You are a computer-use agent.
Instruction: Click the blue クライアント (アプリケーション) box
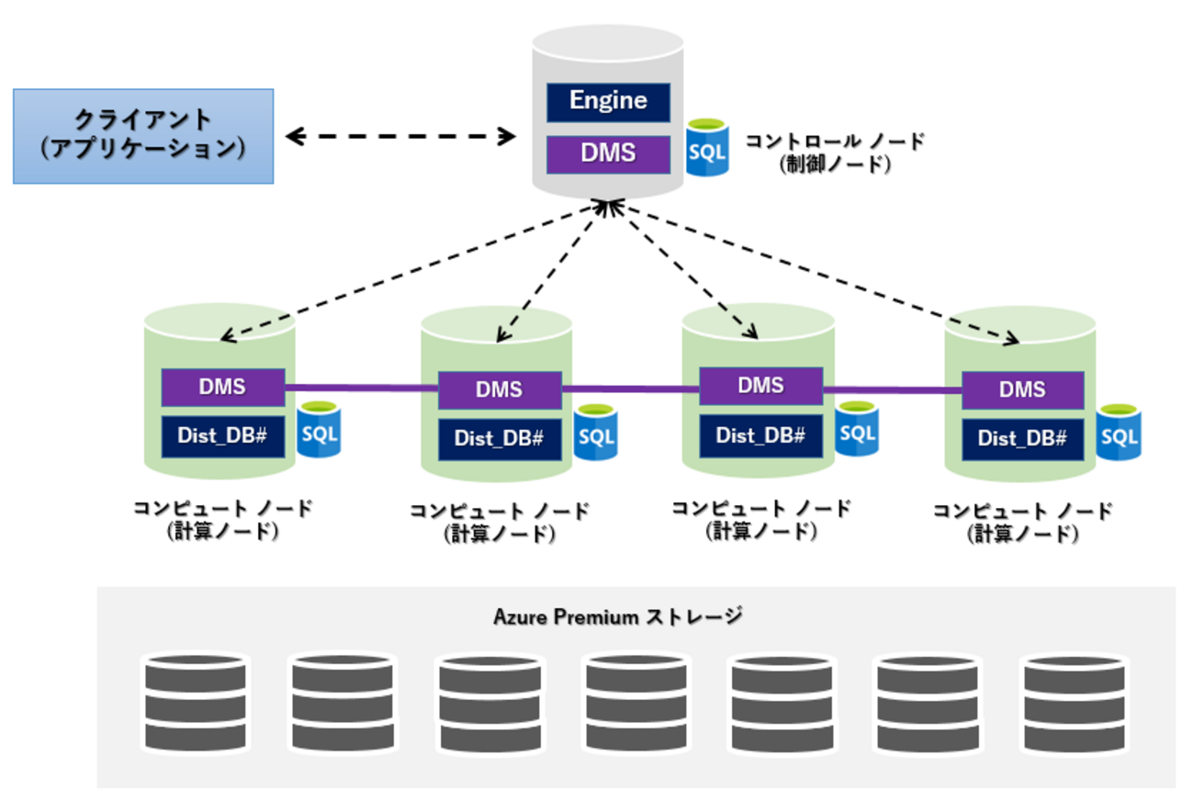(143, 136)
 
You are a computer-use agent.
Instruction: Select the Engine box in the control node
(608, 101)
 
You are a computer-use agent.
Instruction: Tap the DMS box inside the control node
(608, 152)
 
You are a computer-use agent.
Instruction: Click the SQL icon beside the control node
(707, 148)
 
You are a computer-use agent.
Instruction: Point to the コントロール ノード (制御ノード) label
(834, 152)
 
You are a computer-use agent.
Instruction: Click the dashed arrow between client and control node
(400, 137)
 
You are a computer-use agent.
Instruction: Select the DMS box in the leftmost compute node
(223, 387)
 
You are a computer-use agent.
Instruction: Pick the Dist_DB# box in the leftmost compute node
(223, 434)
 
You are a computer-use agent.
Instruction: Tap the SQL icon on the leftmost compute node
(319, 429)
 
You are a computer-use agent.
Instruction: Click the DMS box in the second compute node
(500, 389)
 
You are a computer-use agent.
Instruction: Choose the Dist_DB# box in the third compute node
(760, 434)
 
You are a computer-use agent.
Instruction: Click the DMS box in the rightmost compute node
(1023, 389)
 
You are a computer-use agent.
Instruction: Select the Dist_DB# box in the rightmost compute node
(1023, 438)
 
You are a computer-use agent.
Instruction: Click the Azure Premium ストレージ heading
(617, 616)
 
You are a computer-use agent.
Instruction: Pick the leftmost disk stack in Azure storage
(196, 702)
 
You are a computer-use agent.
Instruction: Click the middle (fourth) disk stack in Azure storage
(635, 702)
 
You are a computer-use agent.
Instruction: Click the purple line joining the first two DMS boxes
(361, 388)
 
